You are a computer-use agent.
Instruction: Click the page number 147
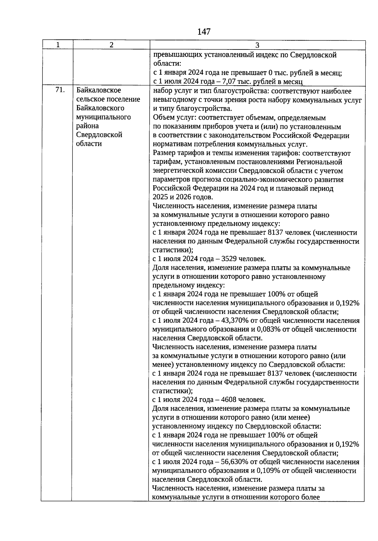tap(204, 32)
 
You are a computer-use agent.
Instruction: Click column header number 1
tap(58, 45)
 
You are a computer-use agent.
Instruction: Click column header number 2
tap(112, 45)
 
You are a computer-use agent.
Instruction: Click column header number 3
tap(257, 45)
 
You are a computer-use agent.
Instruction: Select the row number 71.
tap(60, 90)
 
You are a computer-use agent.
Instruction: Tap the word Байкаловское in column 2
tap(99, 90)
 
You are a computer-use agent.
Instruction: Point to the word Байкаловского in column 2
tap(100, 108)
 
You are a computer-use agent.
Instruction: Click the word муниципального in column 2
tap(103, 117)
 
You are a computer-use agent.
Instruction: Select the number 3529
tap(229, 259)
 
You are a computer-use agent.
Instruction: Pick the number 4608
tap(229, 400)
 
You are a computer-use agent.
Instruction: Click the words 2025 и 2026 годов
tap(182, 197)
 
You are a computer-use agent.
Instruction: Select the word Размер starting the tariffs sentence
tap(163, 153)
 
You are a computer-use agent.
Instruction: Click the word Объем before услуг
tap(162, 118)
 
